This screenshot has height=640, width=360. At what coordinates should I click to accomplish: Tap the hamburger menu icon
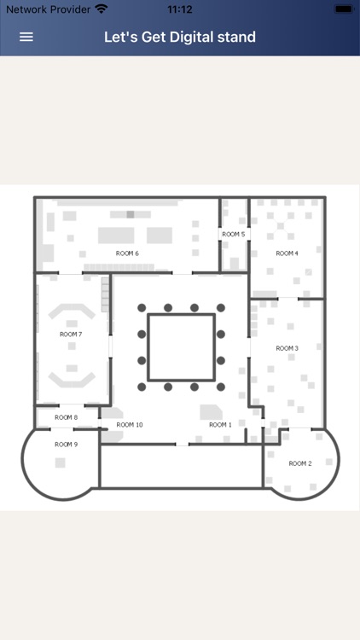26,37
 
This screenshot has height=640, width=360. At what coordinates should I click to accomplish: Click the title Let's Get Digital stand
180,37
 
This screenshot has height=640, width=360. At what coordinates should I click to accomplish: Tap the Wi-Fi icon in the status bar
102,9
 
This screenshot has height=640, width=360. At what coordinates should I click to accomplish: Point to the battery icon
344,9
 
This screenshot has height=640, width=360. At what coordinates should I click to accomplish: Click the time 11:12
180,9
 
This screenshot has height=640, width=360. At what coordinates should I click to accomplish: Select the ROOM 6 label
127,253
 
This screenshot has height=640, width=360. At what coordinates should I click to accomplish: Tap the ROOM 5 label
234,235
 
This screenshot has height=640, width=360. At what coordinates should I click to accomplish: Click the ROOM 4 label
287,253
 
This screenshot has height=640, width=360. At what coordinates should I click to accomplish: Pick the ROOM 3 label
287,348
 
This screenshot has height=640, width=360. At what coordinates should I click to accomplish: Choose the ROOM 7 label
71,335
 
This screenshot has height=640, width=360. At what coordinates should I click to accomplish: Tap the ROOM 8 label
67,417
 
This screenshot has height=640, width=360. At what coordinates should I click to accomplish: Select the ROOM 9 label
67,445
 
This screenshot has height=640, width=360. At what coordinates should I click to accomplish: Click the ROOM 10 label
130,425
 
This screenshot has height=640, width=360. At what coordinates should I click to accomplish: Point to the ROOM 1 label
220,425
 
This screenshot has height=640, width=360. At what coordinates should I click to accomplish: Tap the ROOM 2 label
300,463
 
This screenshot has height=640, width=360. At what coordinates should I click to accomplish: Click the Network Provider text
48,9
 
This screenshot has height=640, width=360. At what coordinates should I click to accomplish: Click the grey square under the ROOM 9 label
60,463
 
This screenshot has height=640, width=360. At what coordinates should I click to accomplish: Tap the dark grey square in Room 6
131,214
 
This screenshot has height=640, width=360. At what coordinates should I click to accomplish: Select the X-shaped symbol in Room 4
281,226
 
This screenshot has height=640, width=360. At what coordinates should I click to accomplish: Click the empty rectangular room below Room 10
181,466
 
